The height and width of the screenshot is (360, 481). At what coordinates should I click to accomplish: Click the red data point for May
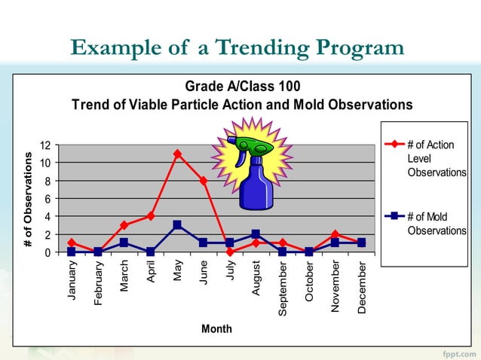coord(177,154)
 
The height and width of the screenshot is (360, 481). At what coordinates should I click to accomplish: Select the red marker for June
coord(204,181)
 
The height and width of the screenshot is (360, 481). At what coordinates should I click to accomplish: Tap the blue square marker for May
coord(177,225)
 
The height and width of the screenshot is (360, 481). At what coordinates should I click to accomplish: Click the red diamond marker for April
coord(151,216)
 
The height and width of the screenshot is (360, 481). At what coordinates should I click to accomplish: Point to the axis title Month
coord(216,329)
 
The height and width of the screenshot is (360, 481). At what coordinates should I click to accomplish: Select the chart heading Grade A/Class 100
coord(242,86)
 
